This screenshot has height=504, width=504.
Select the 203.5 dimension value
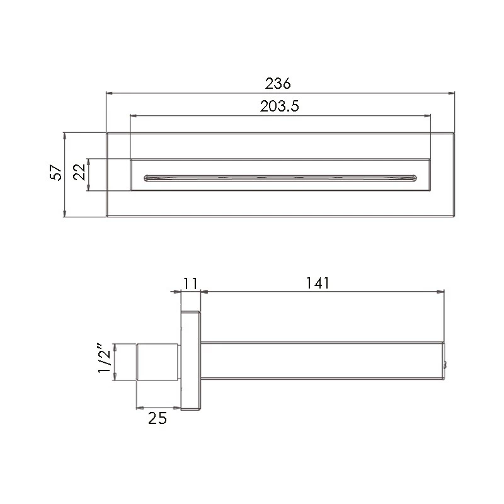pyautogui.click(x=279, y=106)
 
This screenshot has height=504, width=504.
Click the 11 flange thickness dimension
pyautogui.click(x=190, y=283)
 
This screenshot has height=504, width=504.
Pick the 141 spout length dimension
pyautogui.click(x=318, y=283)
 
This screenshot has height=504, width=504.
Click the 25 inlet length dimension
pyautogui.click(x=157, y=418)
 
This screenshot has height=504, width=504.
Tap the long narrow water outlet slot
pyautogui.click(x=280, y=178)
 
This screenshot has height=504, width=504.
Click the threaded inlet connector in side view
pyautogui.click(x=158, y=362)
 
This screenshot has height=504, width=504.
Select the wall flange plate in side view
pyautogui.click(x=190, y=361)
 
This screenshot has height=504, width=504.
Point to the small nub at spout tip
pyautogui.click(x=447, y=364)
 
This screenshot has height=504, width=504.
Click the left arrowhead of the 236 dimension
pyautogui.click(x=109, y=93)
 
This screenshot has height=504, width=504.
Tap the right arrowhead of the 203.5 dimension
pyautogui.click(x=428, y=116)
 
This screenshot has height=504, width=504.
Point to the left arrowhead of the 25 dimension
pyautogui.click(x=140, y=407)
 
